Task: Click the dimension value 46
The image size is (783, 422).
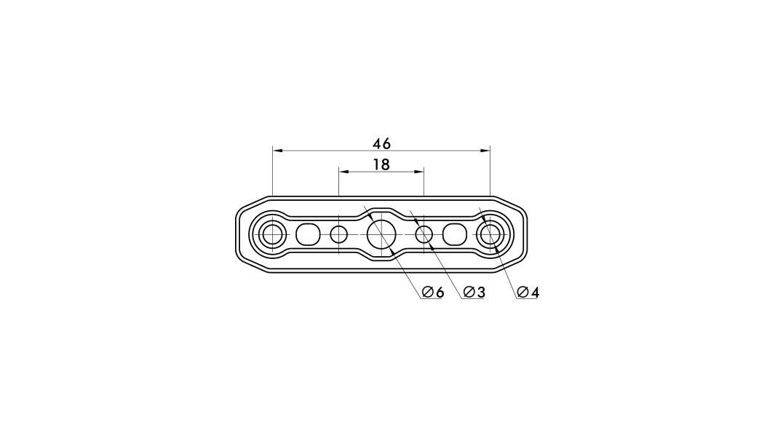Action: (x=381, y=144)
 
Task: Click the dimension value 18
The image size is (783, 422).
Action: (x=381, y=164)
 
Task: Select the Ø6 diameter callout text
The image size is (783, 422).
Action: (x=432, y=292)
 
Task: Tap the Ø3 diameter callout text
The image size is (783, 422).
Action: (x=474, y=292)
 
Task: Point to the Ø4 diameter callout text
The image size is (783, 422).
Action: (x=528, y=292)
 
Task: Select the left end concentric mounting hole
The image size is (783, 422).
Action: (x=272, y=234)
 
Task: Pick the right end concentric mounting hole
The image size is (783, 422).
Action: (x=490, y=234)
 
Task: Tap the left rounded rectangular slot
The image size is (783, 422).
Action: (x=308, y=234)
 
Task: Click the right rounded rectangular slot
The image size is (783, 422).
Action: (x=455, y=234)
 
